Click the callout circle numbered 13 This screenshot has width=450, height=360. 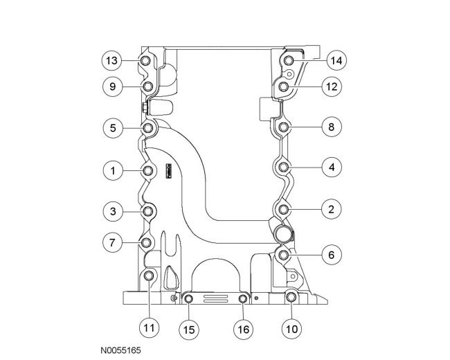point(111,61)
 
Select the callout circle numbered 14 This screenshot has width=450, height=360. point(336,61)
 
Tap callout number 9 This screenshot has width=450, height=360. point(111,87)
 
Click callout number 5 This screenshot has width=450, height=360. point(111,128)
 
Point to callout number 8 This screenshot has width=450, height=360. point(332,127)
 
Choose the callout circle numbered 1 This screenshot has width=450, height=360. point(111,169)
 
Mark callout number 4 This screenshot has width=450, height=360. point(332,167)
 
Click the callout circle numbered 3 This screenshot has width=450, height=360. point(111,209)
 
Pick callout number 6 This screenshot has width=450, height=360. point(332,255)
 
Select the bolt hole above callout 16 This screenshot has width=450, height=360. point(243,299)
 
